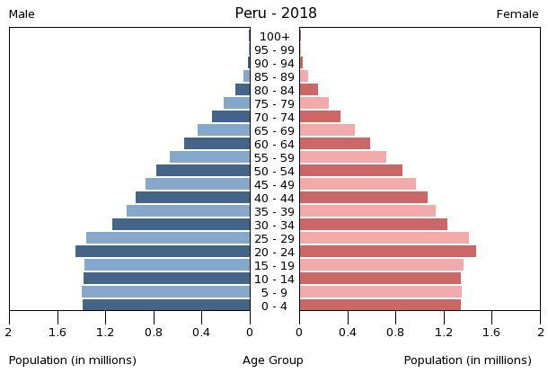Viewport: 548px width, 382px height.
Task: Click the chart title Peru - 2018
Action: point(275,13)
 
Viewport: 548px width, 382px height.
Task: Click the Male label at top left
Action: point(22,14)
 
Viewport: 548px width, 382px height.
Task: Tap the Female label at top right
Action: point(517,14)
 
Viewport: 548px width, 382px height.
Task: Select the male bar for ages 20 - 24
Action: point(163,252)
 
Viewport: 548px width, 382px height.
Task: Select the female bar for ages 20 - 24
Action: point(387,252)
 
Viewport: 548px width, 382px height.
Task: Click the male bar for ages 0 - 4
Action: point(166,306)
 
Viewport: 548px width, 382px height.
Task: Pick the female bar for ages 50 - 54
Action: point(350,171)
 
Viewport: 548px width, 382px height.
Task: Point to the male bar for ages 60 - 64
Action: point(217,144)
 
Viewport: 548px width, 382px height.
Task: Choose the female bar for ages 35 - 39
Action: point(367,211)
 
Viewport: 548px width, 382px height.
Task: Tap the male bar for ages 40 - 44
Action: point(192,198)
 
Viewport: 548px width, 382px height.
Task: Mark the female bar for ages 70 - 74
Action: point(320,117)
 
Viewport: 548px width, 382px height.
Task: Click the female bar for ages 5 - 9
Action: point(380,292)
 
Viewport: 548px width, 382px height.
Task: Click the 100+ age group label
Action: point(274,37)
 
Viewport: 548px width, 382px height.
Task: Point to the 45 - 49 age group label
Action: point(274,185)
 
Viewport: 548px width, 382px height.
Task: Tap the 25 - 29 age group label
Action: point(274,239)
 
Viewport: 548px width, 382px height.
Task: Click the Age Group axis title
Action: point(273,360)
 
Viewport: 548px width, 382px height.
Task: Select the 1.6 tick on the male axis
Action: point(57,333)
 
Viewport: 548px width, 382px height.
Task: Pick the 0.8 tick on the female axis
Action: point(395,333)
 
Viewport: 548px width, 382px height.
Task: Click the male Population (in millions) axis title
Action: point(73,360)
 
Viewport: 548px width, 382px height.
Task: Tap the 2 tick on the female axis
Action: point(539,333)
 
